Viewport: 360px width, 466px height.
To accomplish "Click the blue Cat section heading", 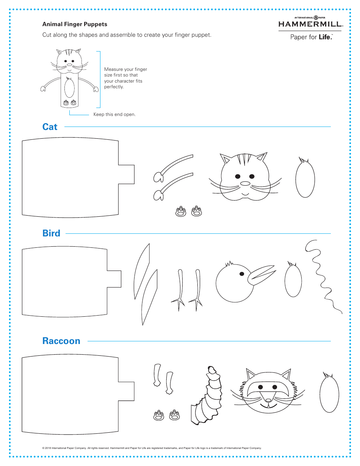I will tap(50, 127).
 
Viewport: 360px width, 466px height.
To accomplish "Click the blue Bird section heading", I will tap(51, 233).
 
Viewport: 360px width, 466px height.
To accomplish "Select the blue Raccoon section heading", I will tap(61, 341).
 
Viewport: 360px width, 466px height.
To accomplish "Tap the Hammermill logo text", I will tap(310, 25).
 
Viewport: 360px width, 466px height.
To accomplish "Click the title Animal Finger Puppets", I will tap(75, 24).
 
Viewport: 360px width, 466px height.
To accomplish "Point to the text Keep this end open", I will tap(114, 114).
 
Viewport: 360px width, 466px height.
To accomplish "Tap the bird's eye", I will tap(241, 274).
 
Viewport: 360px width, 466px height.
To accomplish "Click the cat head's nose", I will tap(246, 184).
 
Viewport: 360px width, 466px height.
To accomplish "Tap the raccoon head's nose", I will tap(268, 400).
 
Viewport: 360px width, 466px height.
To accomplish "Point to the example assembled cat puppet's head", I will tap(69, 61).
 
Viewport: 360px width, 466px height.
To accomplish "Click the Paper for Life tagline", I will tap(311, 37).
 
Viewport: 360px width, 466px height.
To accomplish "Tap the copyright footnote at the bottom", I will tap(152, 448).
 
